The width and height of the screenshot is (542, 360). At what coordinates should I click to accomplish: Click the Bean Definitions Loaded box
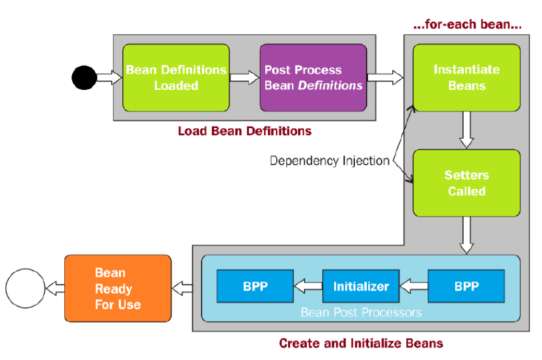point(176,77)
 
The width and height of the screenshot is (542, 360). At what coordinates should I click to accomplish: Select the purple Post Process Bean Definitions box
point(313,77)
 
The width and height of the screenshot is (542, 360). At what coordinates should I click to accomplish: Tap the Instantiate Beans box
point(466,77)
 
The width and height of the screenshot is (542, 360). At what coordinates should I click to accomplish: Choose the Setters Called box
point(466,183)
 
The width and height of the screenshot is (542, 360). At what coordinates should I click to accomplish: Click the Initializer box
point(361,286)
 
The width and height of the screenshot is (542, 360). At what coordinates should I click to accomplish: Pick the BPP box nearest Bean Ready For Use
point(256,286)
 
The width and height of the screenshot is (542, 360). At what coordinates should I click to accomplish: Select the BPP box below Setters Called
point(466,286)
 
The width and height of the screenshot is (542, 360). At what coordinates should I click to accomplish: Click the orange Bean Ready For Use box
point(118,289)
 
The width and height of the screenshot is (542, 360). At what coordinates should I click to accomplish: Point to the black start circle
point(85,77)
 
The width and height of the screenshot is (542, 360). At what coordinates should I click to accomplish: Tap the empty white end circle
point(24,289)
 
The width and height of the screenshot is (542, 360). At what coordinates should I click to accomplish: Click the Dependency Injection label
point(330,160)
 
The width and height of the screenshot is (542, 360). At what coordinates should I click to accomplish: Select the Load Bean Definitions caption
point(244,132)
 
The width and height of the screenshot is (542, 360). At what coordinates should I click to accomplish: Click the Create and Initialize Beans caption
point(360,344)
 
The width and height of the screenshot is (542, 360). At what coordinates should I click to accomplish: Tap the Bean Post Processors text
point(360,312)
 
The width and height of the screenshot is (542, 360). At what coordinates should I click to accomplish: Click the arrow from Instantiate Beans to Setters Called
point(466,130)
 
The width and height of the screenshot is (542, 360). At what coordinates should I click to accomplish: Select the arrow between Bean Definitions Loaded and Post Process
point(244,77)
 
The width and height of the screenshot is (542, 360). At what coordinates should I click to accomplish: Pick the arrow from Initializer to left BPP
point(308,286)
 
